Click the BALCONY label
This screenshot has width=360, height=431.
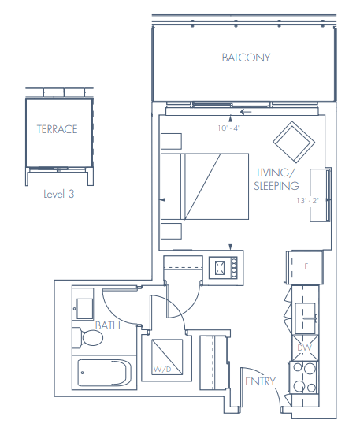pos(246,58)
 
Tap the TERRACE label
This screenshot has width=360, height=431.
pos(57,129)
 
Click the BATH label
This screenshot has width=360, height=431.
pos(108,325)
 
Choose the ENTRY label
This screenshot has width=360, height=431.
pos(260,381)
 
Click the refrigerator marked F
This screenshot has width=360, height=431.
pos(303,267)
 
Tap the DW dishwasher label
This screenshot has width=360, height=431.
pos(303,347)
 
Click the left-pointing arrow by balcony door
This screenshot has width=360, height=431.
pos(246,112)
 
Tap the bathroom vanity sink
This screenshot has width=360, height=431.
pos(84,304)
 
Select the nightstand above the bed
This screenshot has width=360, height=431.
pos(170,140)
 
